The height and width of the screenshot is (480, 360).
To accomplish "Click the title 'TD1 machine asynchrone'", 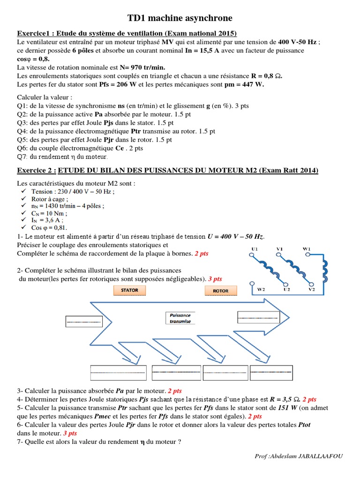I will (180, 18).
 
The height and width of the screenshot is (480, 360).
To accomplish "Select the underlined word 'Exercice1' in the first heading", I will (34, 33).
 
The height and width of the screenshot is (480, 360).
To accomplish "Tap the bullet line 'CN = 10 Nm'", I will (47, 213).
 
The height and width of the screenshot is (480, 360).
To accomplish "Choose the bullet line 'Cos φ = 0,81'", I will (50, 227).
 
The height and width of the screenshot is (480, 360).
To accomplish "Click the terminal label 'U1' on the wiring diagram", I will (255, 248).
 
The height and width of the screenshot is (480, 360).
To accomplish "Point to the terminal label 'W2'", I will (261, 289).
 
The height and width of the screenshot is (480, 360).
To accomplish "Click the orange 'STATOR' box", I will (129, 290).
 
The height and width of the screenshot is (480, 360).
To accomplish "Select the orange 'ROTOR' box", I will (221, 291).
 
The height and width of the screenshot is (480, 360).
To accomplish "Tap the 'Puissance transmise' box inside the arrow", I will (180, 318).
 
